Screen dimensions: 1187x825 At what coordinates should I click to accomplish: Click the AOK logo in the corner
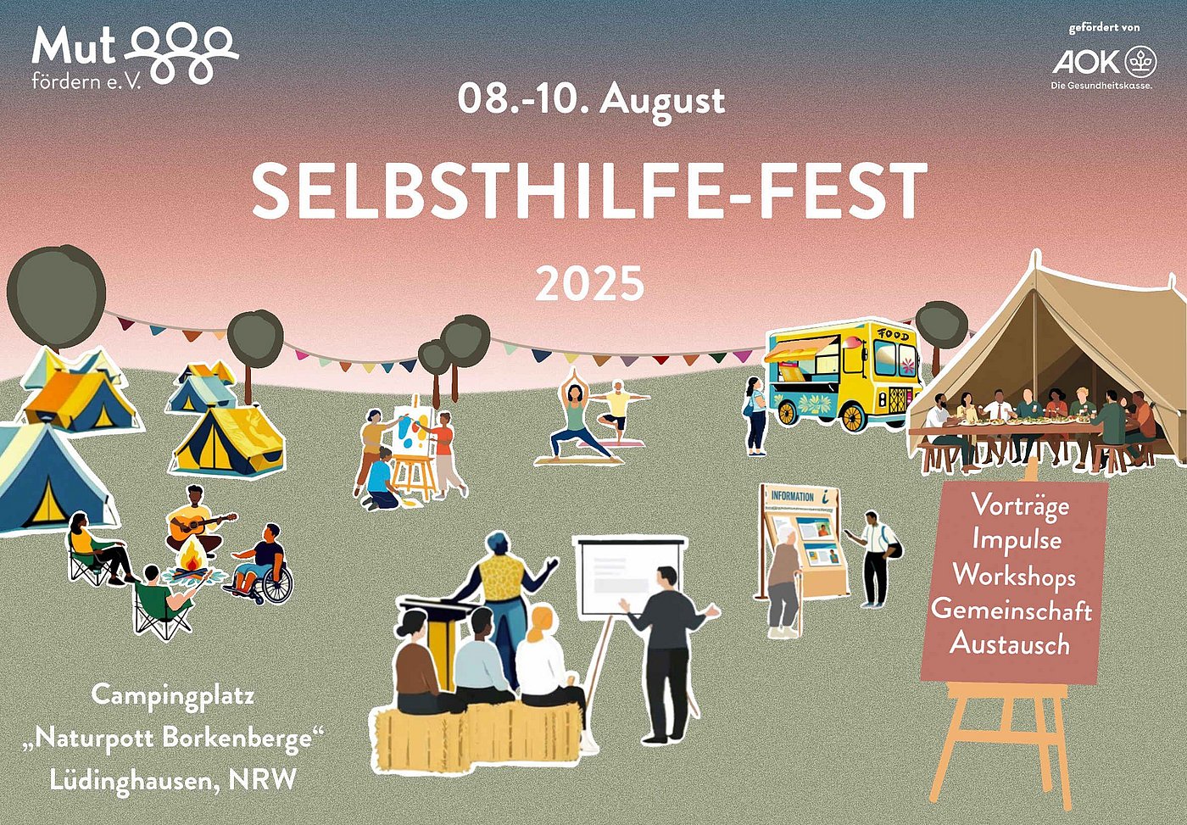click(x=1105, y=62)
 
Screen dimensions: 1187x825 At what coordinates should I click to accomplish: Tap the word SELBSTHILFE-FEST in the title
click(x=589, y=190)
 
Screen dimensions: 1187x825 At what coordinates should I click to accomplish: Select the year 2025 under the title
click(x=590, y=283)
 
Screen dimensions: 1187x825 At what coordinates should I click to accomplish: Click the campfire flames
click(x=191, y=559)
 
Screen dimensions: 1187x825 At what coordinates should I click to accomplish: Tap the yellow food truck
click(x=843, y=376)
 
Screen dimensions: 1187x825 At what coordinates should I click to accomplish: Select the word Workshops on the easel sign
click(x=1014, y=577)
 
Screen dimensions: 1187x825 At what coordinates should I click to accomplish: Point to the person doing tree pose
click(x=618, y=408)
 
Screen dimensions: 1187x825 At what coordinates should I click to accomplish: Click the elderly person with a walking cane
click(x=783, y=583)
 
